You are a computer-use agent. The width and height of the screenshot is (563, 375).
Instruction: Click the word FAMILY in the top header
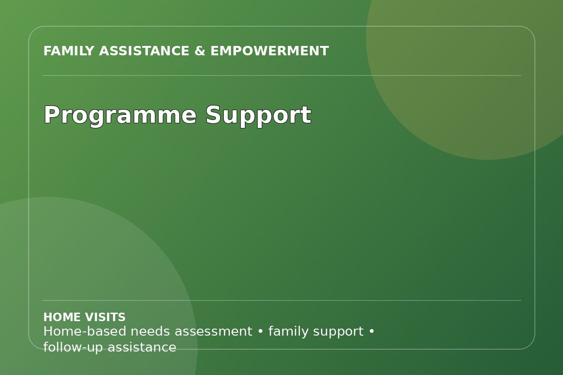point(68,51)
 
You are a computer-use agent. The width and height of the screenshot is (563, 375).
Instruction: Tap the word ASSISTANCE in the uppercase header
point(144,51)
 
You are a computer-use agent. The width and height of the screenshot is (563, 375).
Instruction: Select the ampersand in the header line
point(200,51)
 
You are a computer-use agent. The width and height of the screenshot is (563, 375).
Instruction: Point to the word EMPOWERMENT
point(270,51)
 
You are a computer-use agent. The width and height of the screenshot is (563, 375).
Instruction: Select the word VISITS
point(105,317)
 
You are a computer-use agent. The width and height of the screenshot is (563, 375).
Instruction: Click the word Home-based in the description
point(85,331)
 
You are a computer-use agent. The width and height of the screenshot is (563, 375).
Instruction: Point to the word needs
point(150,331)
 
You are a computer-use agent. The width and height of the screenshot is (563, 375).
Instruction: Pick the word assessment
point(213,332)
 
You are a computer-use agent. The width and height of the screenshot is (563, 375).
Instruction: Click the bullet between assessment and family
point(260,331)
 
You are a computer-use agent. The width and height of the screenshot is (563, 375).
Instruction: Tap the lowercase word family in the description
point(288,332)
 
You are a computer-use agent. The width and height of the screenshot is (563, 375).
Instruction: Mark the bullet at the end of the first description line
point(372,331)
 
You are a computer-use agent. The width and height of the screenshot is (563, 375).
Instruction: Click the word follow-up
point(73,348)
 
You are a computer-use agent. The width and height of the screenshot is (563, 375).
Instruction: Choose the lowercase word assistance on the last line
point(142,348)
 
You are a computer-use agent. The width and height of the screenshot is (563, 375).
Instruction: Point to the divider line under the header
point(281,75)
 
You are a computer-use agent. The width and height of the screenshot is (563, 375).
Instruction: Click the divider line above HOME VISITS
point(281,300)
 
